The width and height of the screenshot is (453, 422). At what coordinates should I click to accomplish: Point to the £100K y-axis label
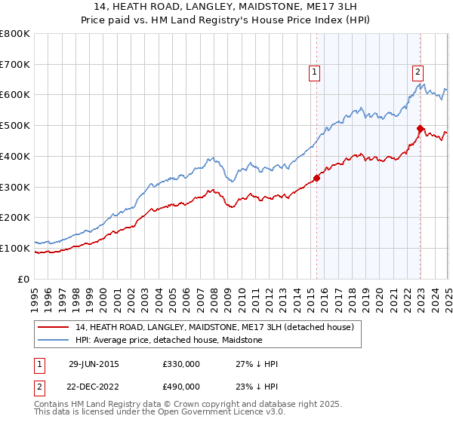click(15, 248)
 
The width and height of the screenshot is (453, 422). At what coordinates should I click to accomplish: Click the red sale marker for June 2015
click(316, 178)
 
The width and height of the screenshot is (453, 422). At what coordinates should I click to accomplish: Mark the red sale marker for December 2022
click(420, 129)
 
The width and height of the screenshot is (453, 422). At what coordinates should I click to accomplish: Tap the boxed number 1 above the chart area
click(314, 72)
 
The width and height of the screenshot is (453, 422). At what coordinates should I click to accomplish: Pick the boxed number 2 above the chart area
click(417, 72)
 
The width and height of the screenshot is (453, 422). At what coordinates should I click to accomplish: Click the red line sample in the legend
click(54, 328)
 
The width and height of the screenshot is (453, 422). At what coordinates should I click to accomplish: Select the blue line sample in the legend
click(54, 341)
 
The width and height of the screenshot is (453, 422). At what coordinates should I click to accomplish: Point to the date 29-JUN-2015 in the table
click(94, 364)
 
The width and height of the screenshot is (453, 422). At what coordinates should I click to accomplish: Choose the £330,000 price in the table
click(181, 364)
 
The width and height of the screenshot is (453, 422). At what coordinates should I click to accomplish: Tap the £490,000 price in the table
click(181, 387)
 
